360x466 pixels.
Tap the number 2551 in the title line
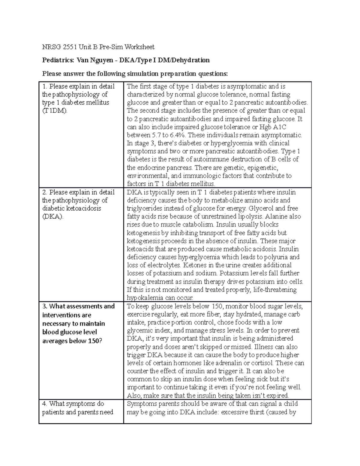pos(70,47)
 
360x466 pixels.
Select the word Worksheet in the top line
pos(139,47)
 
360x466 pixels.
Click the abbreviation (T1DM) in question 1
pos(55,111)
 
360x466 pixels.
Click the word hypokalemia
pos(143,298)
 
